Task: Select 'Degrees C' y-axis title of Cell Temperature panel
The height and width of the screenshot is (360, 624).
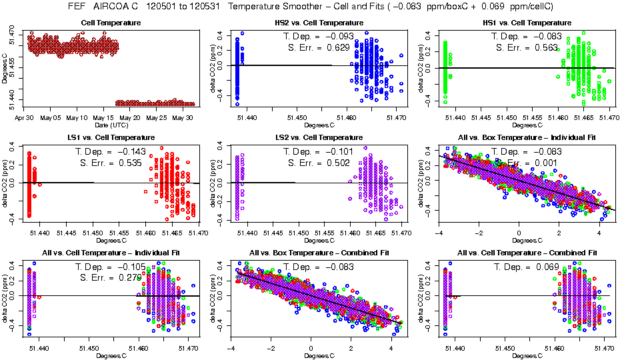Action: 5,68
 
